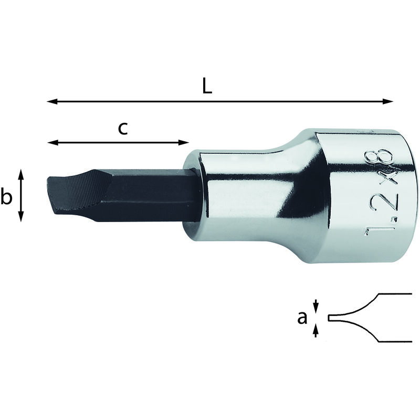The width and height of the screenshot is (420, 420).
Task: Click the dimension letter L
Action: coord(207,87)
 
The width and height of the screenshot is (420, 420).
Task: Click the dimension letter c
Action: coord(123,129)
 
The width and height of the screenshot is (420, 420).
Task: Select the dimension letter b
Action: coord(6,196)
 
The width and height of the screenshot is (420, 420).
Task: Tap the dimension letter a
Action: coord(302,319)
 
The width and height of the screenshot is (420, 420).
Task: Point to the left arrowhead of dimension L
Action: coord(52,101)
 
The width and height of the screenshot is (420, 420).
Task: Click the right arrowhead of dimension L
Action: coord(388,101)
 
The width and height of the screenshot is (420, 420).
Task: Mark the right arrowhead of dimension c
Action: coord(184,142)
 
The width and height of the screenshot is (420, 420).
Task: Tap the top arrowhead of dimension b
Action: coord(21,174)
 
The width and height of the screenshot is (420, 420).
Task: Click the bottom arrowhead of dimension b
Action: coord(21,216)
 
